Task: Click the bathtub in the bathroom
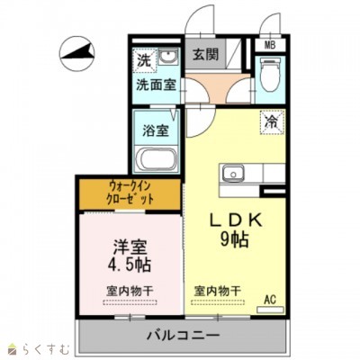(157, 158)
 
